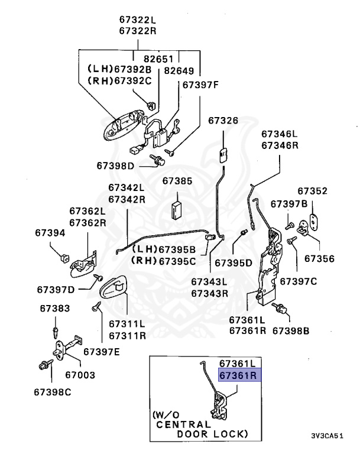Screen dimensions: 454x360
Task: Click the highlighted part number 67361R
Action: click(237, 375)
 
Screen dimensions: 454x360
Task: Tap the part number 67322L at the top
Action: click(138, 19)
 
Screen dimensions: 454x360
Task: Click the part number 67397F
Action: click(200, 85)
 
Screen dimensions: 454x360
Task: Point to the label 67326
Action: click(223, 121)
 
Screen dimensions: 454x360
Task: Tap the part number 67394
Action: click(50, 234)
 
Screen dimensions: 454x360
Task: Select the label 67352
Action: click(312, 191)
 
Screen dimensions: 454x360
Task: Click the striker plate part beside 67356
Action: click(311, 225)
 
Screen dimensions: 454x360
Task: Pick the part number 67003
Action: click(80, 375)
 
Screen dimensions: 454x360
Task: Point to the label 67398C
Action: click(52, 392)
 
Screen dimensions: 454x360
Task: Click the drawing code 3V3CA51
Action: click(327, 436)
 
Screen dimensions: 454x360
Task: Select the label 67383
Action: click(55, 308)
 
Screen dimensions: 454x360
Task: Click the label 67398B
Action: click(290, 331)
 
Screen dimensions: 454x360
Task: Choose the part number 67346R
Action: click(280, 145)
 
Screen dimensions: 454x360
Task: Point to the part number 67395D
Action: click(233, 261)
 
